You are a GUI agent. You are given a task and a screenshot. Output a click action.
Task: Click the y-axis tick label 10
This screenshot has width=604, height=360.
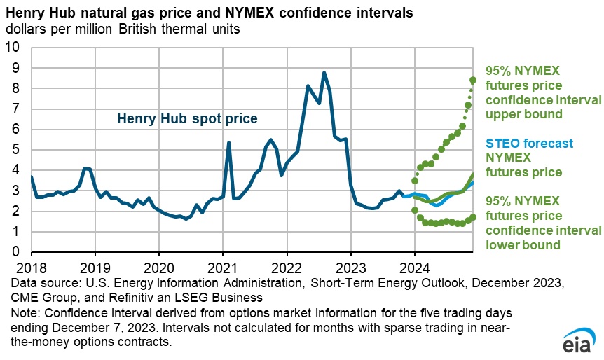(x=14, y=48)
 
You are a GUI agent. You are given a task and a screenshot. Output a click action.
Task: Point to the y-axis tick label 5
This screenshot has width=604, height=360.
(x=18, y=150)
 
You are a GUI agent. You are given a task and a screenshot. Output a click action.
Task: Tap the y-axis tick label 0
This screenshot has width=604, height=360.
(x=18, y=252)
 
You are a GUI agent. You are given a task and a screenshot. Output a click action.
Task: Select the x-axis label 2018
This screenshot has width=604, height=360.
(x=31, y=267)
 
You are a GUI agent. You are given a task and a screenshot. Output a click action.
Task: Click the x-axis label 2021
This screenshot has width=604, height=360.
(x=223, y=267)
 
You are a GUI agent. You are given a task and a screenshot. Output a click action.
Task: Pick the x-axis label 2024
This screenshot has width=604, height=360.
(x=415, y=267)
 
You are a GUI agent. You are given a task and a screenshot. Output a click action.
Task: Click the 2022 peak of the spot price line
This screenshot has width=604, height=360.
(x=324, y=73)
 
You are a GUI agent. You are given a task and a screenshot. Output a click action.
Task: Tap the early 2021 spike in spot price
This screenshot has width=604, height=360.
(x=228, y=143)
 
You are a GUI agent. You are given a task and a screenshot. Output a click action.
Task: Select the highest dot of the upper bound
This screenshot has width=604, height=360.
(x=473, y=80)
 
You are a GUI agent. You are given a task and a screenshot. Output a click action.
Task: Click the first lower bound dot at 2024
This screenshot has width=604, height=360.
(x=415, y=210)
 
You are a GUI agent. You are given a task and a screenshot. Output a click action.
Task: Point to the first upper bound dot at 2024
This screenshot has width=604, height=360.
(x=415, y=181)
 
